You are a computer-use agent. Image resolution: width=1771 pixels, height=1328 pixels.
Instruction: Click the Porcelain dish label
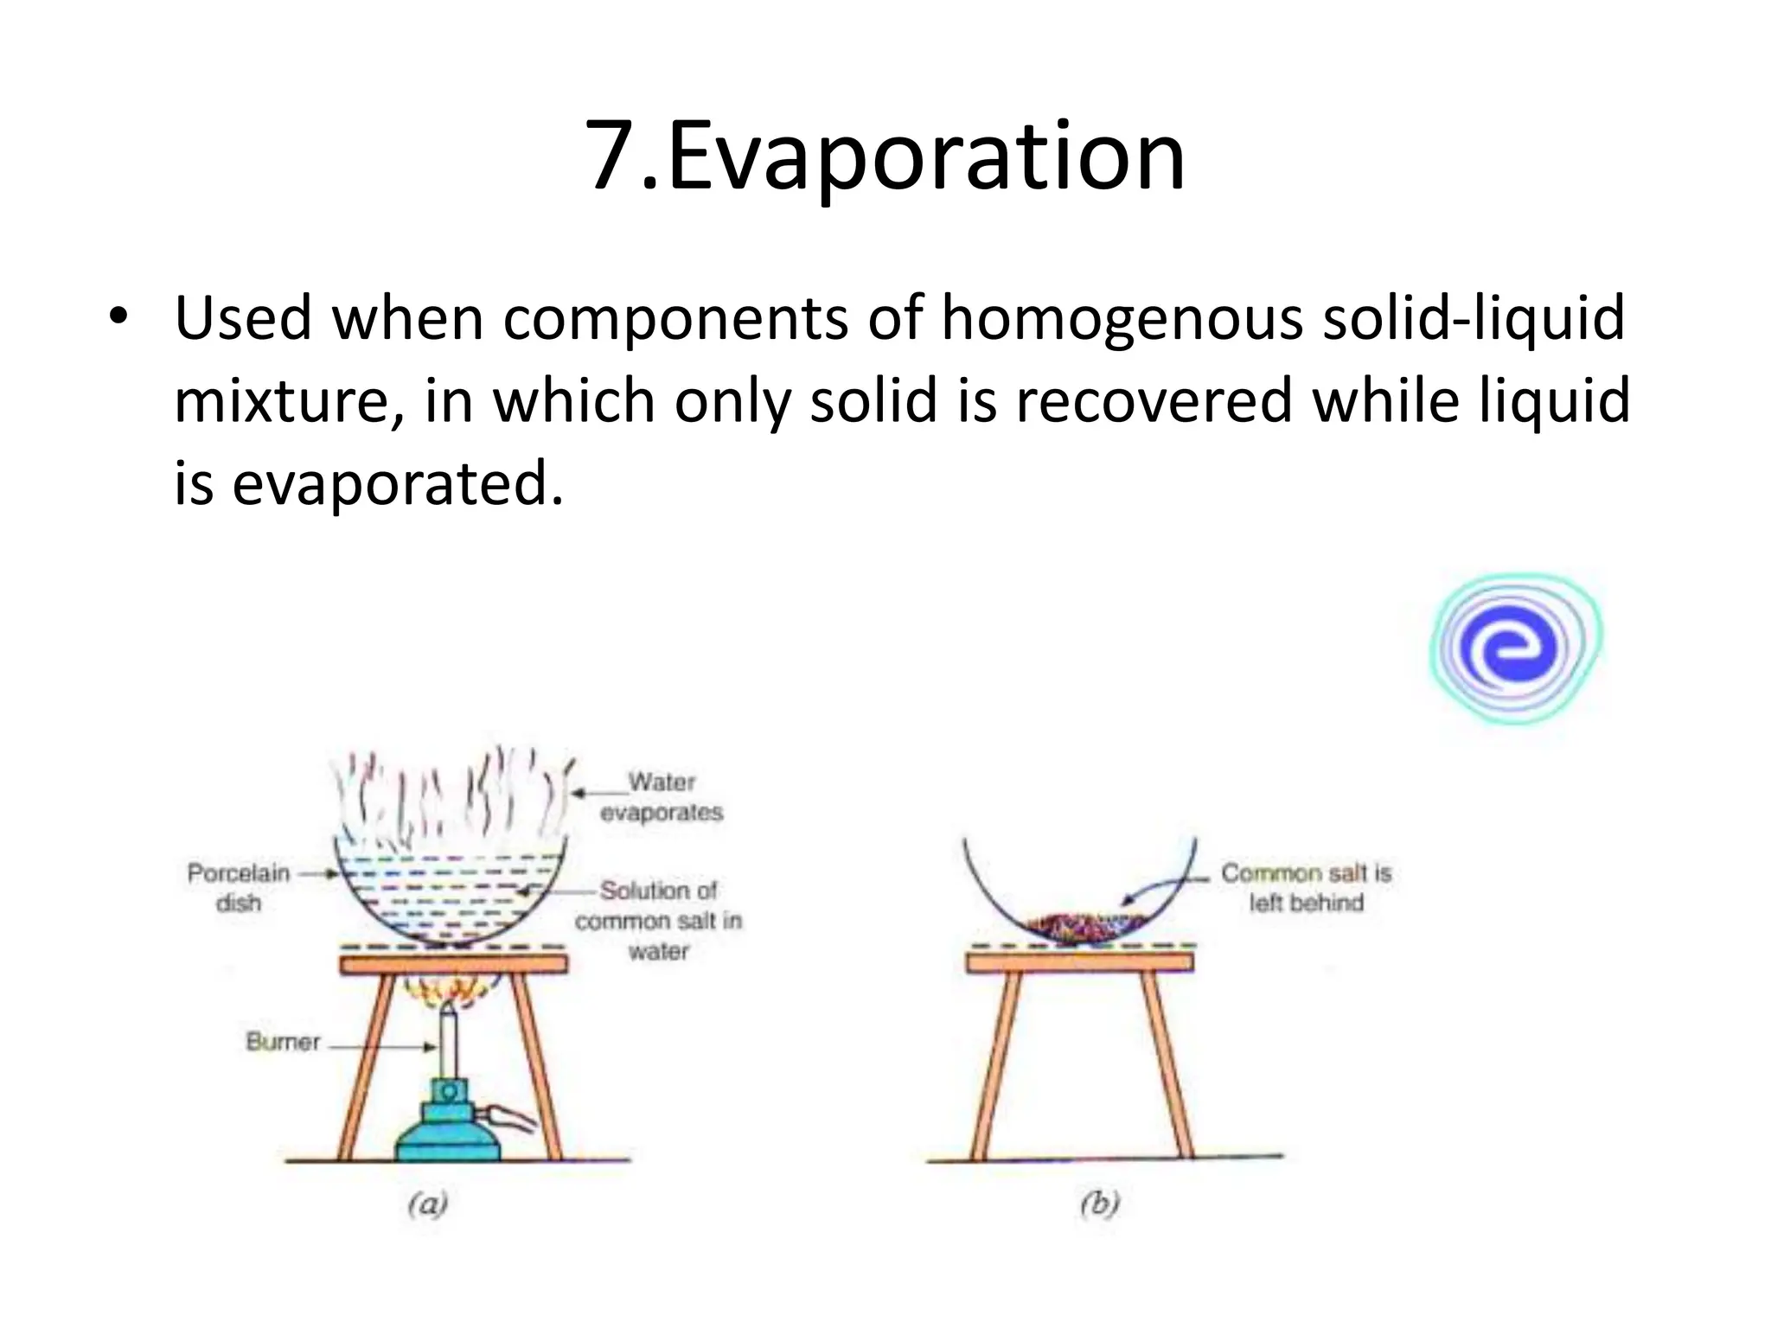pyautogui.click(x=239, y=887)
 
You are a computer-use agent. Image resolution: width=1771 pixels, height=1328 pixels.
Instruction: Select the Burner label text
pyautogui.click(x=283, y=1042)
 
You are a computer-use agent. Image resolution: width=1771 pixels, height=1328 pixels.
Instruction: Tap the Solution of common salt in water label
pyautogui.click(x=659, y=920)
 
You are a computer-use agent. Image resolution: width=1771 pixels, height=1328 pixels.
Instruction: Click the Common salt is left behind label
pyautogui.click(x=1306, y=887)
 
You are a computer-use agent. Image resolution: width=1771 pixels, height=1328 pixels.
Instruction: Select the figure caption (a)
pyautogui.click(x=427, y=1203)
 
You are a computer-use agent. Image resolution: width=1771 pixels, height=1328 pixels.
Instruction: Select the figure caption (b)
pyautogui.click(x=1100, y=1203)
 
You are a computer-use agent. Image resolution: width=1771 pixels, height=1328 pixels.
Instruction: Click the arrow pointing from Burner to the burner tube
pyautogui.click(x=380, y=1047)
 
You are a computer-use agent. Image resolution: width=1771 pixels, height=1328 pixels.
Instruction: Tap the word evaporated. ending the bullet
pyautogui.click(x=398, y=484)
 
